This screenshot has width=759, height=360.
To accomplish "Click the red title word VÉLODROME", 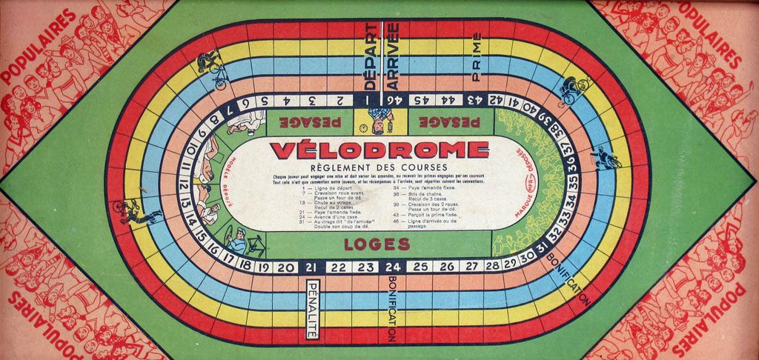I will [x=379, y=150].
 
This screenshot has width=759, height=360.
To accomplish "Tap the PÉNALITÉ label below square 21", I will [x=312, y=310].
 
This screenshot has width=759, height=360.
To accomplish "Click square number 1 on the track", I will [x=366, y=99].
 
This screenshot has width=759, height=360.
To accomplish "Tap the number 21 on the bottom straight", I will [x=312, y=267].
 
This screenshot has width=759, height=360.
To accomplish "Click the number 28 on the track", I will [x=491, y=265].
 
